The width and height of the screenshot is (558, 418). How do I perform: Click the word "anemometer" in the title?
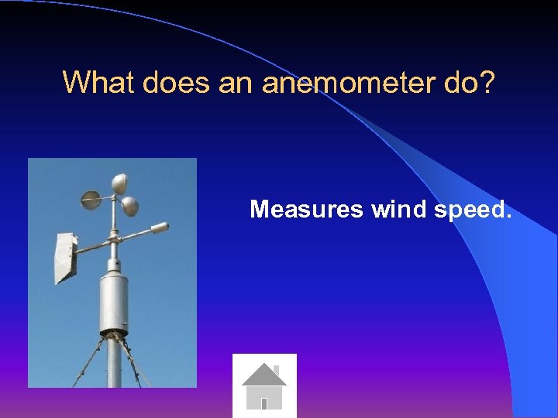point(349,82)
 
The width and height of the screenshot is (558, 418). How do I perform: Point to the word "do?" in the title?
point(469,82)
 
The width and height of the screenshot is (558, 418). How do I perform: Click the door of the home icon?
point(264,403)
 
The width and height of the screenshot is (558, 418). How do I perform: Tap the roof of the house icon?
point(263,376)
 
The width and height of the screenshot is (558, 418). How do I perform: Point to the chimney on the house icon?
point(276,369)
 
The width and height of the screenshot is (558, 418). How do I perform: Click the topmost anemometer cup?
point(119,183)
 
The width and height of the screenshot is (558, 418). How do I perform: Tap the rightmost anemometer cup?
point(130,206)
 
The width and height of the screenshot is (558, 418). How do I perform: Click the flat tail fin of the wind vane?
point(64,258)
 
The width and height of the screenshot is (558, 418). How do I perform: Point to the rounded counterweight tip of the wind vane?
point(159,228)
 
